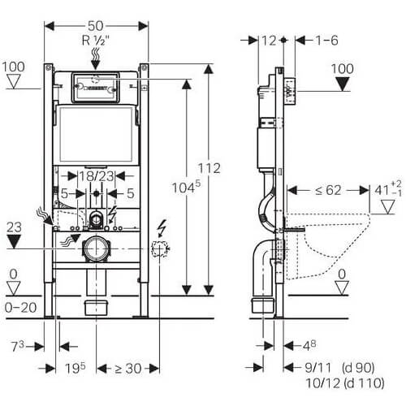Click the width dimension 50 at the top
point(96,26)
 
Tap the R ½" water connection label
point(95,41)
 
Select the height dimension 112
point(209,168)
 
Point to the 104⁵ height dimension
point(187,187)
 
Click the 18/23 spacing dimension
point(97,176)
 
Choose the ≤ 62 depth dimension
point(328,190)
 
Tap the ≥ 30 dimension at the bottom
point(128,369)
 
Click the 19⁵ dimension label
point(76,368)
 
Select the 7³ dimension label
point(17,346)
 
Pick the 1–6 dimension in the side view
point(327,41)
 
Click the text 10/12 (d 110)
point(345,383)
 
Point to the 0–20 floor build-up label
point(20,308)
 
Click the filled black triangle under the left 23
point(14,241)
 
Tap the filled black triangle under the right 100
point(343,84)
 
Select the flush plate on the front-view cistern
point(95,87)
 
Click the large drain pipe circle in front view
point(95,249)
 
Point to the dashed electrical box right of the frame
point(160,248)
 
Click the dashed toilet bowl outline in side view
point(328,245)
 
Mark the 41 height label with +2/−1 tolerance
point(388,188)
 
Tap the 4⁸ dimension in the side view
point(309,346)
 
